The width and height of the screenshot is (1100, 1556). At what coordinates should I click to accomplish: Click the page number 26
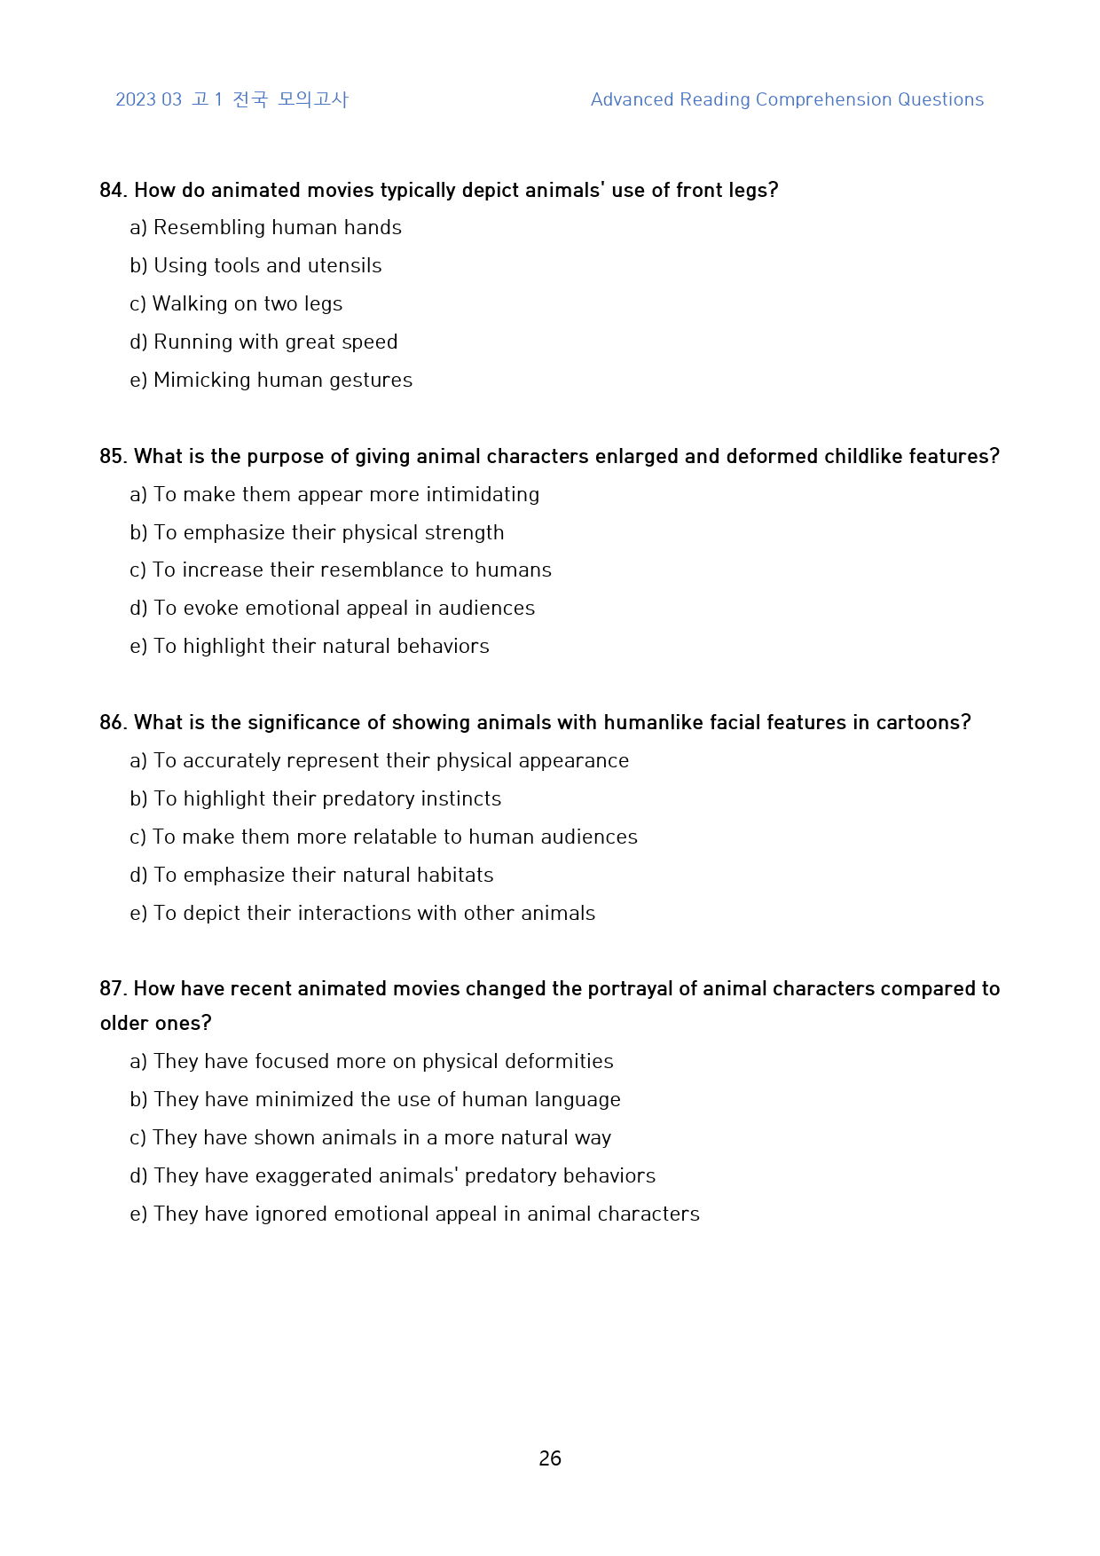550,1458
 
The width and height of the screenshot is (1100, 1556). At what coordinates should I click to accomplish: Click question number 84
114,191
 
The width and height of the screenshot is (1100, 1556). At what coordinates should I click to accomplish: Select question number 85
114,457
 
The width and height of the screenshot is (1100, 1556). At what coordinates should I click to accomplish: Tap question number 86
114,723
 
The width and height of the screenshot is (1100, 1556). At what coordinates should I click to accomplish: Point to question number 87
114,989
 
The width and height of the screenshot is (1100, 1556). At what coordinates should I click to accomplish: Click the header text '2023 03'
148,100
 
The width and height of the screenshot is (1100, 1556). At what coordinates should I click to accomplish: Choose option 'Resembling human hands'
277,228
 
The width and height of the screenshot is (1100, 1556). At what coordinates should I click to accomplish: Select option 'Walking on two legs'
247,304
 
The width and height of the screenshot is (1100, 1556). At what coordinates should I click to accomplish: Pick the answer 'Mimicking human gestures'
282,381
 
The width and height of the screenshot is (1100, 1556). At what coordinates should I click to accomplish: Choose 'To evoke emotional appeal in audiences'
344,609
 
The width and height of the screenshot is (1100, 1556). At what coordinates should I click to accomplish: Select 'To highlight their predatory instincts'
327,799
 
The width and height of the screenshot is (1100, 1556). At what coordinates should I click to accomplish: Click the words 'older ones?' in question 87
156,1024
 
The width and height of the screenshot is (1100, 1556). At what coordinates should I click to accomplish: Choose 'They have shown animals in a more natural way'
381,1138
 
